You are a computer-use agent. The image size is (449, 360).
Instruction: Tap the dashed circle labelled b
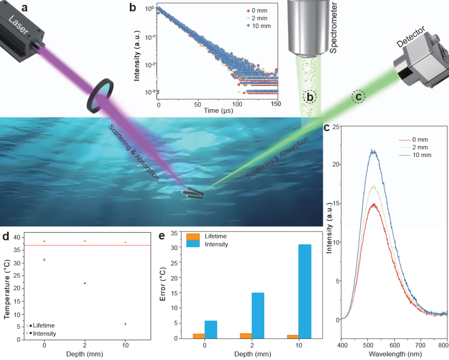[x=310, y=97]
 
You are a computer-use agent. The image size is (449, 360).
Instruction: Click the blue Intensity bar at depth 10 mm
[x=305, y=291]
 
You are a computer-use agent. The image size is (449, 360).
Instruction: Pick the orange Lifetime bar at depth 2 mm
[x=245, y=335]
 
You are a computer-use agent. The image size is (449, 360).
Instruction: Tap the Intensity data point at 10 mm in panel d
[x=125, y=324]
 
